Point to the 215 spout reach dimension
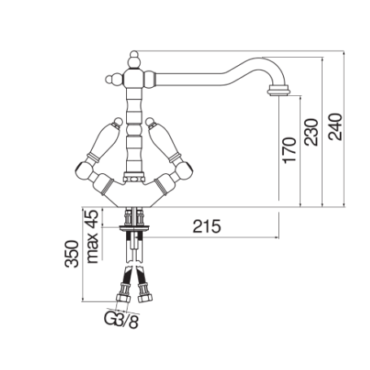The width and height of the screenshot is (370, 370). (207, 228)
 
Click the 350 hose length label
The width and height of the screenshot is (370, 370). (74, 255)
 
